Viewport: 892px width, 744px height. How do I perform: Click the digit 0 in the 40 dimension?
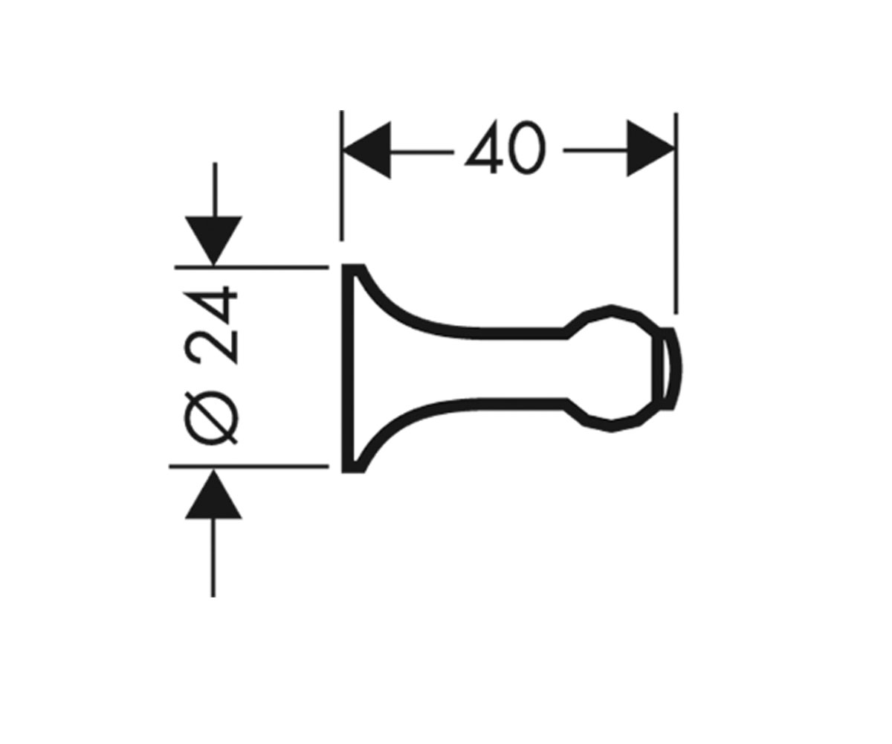[529, 147]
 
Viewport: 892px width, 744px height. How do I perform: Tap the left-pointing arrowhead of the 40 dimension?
[366, 150]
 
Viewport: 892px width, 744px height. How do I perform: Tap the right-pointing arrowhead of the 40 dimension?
[650, 148]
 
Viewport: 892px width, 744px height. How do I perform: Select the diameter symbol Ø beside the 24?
[211, 417]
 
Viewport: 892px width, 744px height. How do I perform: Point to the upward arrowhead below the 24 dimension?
[213, 494]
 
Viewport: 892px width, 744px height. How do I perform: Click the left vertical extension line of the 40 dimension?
[341, 176]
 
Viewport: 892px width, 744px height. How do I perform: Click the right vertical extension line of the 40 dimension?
[676, 213]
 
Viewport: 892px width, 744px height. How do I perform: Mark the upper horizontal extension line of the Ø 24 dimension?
[252, 267]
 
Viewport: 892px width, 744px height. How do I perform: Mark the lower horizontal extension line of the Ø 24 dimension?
[249, 466]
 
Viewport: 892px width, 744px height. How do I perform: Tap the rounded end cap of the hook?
[669, 368]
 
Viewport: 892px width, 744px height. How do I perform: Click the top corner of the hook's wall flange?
[343, 266]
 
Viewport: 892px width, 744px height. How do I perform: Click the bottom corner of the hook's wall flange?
[343, 471]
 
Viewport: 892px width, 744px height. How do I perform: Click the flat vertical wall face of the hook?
[347, 368]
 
